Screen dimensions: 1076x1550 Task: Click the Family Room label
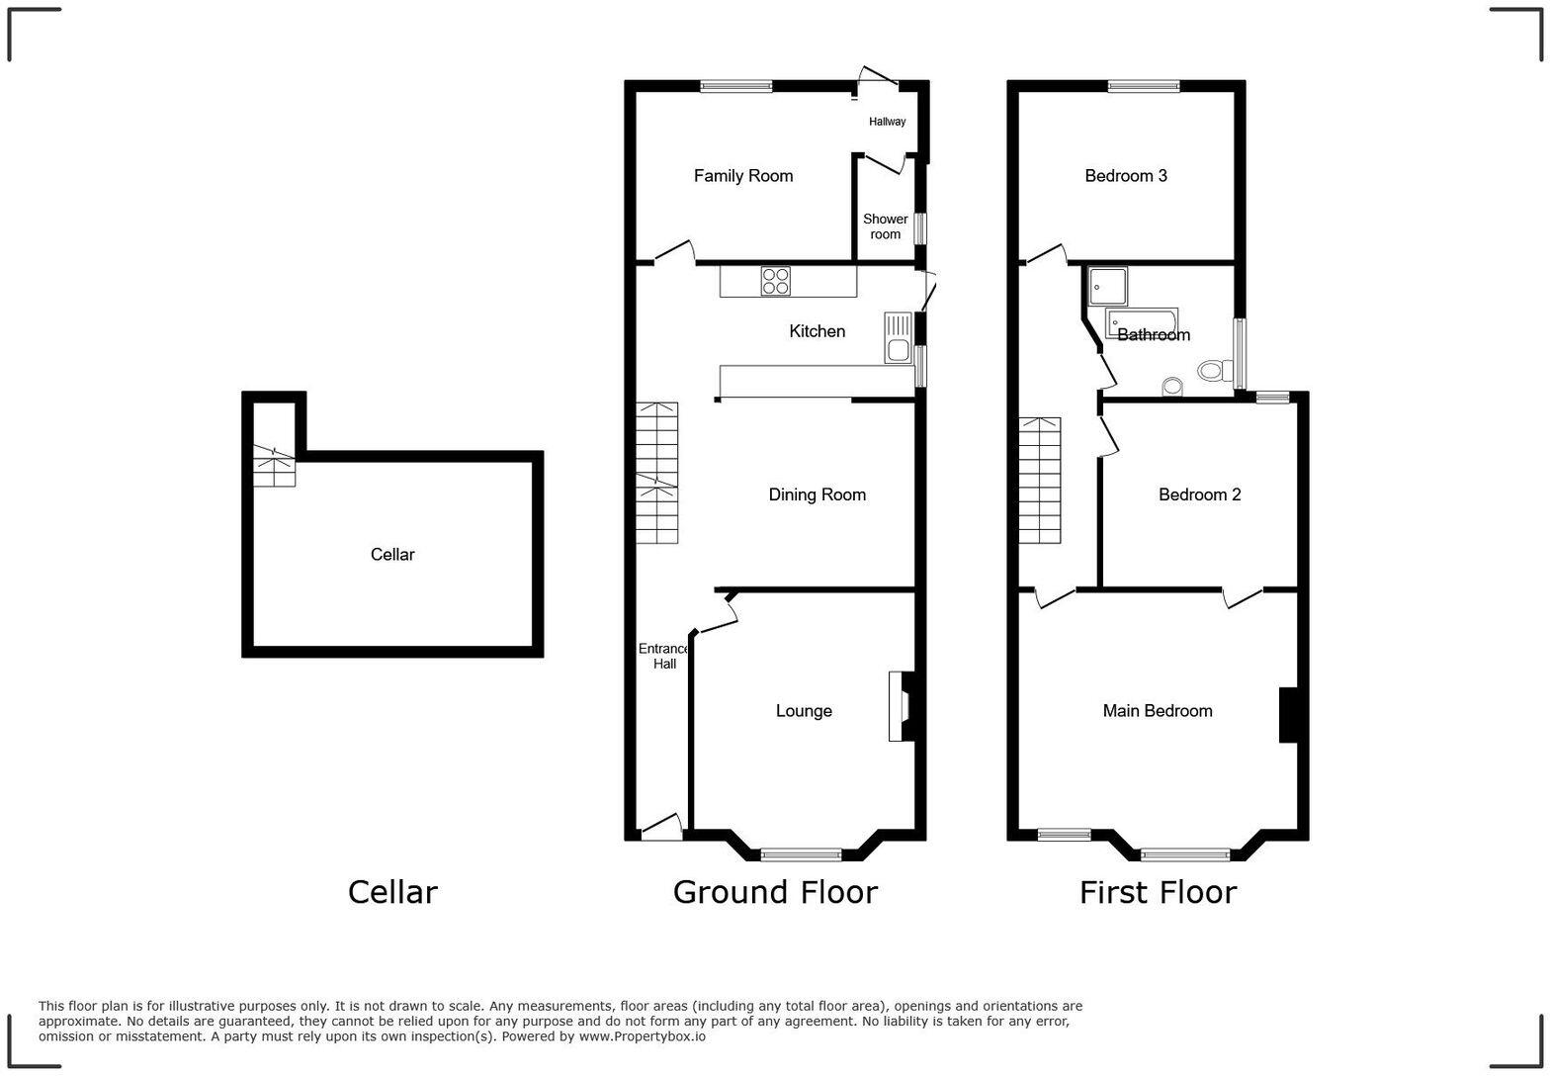[x=743, y=176]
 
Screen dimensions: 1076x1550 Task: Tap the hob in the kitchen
[x=775, y=282]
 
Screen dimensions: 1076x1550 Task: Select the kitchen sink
[x=898, y=337]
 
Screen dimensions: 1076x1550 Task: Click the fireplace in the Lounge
[x=903, y=706]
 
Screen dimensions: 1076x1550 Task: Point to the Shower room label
[x=885, y=226]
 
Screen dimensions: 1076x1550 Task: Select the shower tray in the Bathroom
[x=1108, y=286]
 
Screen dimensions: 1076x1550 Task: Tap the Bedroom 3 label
[x=1126, y=176]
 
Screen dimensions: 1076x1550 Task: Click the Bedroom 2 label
[x=1199, y=494]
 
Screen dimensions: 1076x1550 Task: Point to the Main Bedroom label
[x=1158, y=711]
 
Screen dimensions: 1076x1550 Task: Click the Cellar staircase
[x=274, y=465]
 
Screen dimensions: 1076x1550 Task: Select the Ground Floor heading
[x=775, y=892]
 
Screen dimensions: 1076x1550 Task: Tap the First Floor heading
[x=1158, y=892]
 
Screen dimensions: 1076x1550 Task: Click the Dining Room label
[x=817, y=494]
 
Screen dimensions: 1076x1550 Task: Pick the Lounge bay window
[x=801, y=854]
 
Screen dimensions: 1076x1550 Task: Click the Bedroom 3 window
[x=1144, y=86]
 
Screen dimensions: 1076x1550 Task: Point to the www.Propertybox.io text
[x=642, y=1036]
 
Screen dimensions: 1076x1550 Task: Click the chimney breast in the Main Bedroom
[x=1288, y=714]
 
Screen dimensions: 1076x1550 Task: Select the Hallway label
[x=887, y=122]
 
